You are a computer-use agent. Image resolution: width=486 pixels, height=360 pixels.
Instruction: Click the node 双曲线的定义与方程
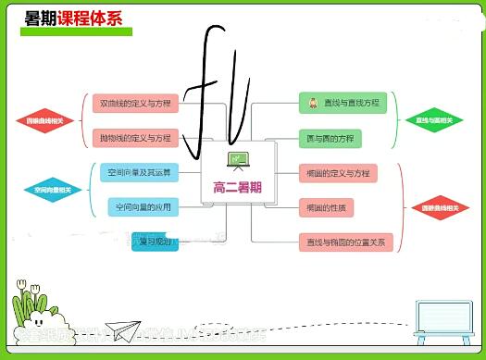pos(135,104)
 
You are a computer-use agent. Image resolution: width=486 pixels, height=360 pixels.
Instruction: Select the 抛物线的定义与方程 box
pos(135,138)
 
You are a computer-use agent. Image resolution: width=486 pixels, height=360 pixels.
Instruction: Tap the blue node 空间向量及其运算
pos(138,173)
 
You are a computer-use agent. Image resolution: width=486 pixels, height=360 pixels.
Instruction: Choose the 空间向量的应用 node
pos(140,206)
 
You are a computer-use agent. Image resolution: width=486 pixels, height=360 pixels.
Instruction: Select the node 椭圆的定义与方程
pos(336,173)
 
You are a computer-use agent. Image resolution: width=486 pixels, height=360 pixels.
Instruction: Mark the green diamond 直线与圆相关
pos(434,120)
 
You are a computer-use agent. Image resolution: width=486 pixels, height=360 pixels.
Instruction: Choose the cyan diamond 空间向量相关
pos(52,190)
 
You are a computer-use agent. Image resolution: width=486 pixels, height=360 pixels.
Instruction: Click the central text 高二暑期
pos(237,188)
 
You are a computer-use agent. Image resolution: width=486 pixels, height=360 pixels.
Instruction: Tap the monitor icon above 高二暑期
pos(238,161)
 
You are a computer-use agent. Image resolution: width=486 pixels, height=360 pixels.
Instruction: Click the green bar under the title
pos(79,31)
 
